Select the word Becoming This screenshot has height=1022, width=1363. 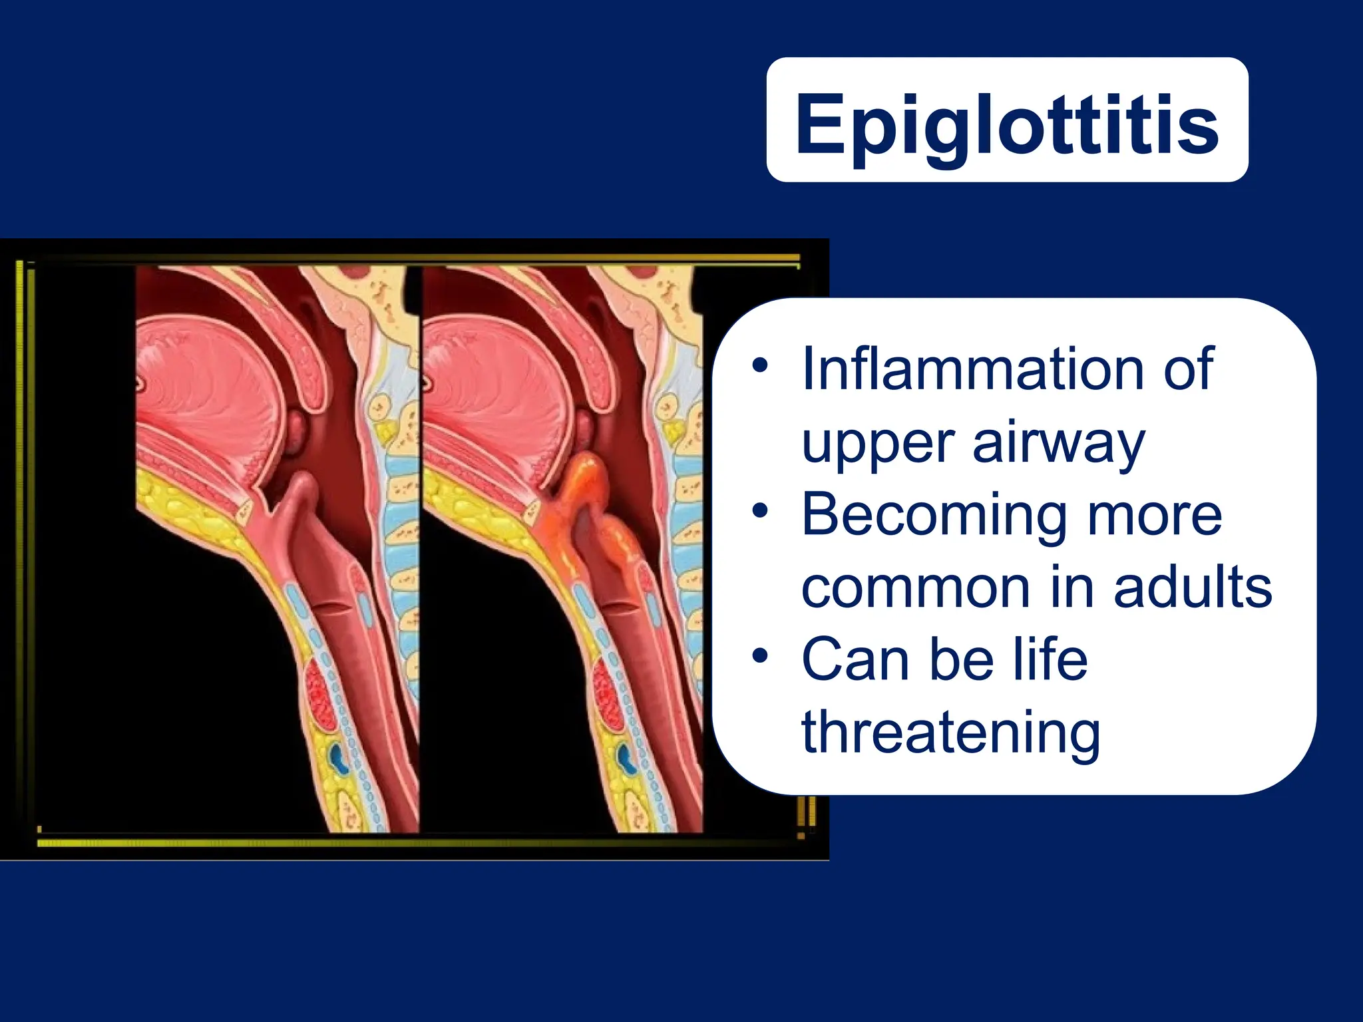[932, 516]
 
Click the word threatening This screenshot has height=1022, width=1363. [950, 732]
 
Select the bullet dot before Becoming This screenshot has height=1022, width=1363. [760, 512]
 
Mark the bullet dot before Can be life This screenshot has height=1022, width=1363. [760, 657]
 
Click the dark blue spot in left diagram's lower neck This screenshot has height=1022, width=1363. [339, 759]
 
